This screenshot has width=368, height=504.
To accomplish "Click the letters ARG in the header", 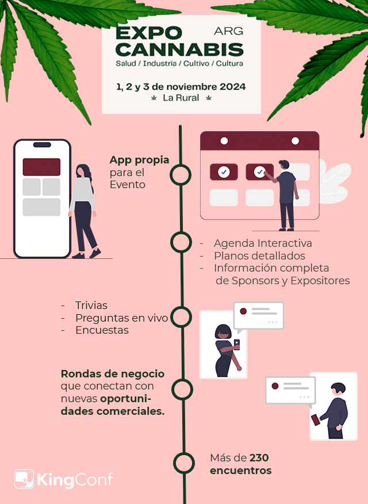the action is (x=229, y=31).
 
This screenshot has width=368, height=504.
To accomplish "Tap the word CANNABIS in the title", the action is (x=179, y=50).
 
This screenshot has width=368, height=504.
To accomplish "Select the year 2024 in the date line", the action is (x=232, y=86).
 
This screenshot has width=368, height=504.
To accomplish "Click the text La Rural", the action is (x=181, y=98).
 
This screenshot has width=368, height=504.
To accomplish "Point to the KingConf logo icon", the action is (x=24, y=479).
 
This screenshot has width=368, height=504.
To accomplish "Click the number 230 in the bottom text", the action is (x=259, y=457).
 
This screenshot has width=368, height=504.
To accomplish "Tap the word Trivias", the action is (x=91, y=305).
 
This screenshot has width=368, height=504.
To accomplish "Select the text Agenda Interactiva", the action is (x=263, y=243).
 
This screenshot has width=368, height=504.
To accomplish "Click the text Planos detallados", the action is (x=259, y=255).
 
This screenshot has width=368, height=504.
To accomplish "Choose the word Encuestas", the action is (x=102, y=330).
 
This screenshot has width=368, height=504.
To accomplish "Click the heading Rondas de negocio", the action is (x=113, y=374).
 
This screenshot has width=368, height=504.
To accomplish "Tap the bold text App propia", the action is (x=139, y=160).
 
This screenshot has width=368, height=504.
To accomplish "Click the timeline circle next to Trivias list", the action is (x=181, y=317).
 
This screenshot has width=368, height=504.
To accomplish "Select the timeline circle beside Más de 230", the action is (x=184, y=463).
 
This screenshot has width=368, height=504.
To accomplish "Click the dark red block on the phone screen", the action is (x=41, y=167).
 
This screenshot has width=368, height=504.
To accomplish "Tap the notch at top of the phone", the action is (x=42, y=144).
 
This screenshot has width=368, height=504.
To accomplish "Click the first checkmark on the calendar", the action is (x=224, y=172).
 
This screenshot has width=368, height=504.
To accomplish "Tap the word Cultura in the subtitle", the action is (x=229, y=63).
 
